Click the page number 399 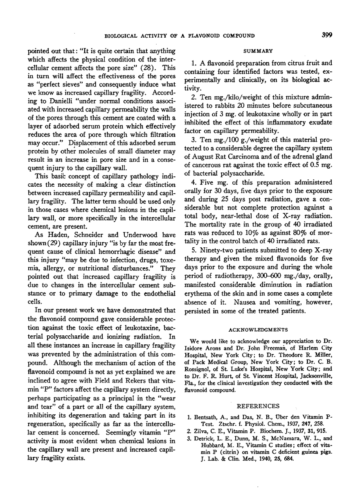[327, 35]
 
